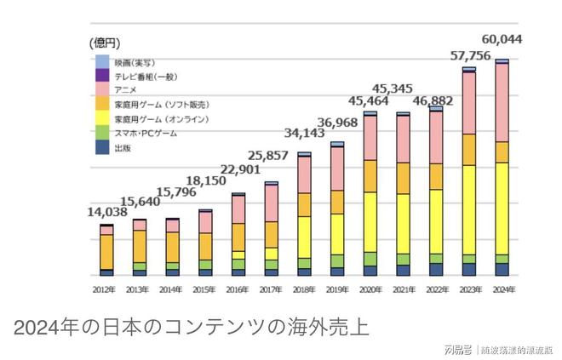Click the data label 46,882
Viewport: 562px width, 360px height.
point(434,100)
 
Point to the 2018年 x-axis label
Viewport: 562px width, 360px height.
point(304,289)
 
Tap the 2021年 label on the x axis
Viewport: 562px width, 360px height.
point(403,289)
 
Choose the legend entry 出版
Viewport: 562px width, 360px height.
point(122,148)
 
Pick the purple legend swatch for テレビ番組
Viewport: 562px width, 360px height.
point(102,76)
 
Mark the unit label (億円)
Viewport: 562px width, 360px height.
point(106,42)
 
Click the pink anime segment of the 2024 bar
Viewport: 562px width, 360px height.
point(502,102)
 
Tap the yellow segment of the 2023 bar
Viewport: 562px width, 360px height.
point(469,209)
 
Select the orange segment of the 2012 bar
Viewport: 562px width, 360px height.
point(106,252)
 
